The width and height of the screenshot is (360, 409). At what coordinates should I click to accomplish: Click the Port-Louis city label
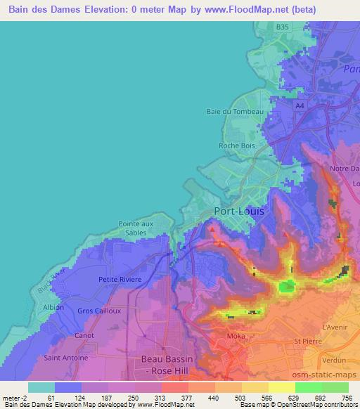[x=240, y=212]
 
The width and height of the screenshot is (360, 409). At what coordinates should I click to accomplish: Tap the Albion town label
[x=53, y=307]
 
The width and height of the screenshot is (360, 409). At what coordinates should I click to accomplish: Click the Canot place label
[x=84, y=336]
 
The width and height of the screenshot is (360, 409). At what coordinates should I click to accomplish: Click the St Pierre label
[x=307, y=342]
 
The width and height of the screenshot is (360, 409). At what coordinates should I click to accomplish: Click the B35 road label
[x=282, y=27]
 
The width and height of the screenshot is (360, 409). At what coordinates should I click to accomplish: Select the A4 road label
[x=300, y=105]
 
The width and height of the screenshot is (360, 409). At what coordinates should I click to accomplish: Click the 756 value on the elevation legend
[x=346, y=398]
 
